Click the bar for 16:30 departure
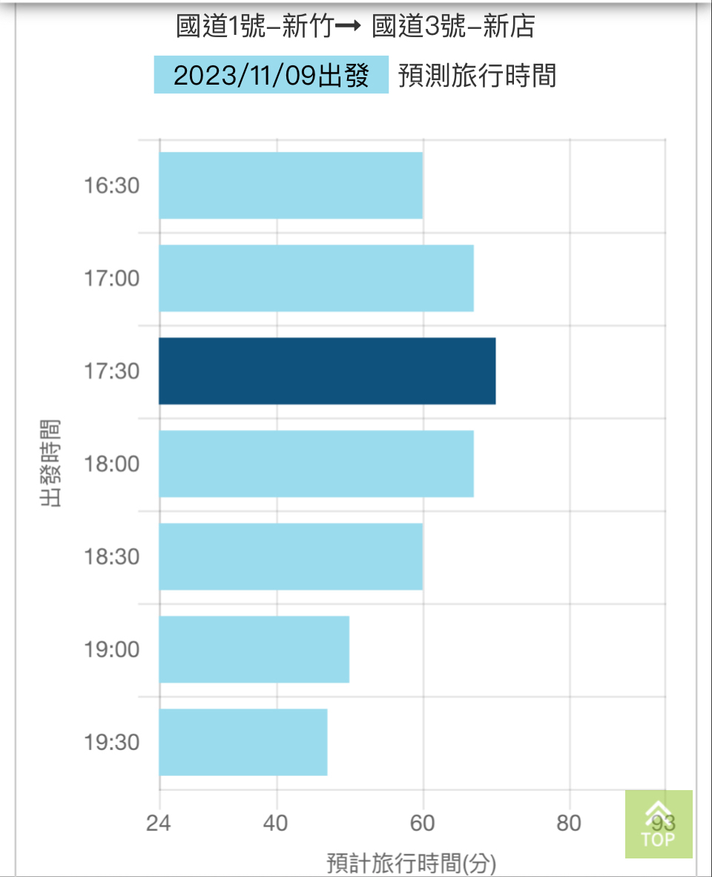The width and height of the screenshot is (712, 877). [291, 186]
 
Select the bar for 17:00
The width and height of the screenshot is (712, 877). [316, 278]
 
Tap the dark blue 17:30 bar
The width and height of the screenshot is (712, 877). [327, 371]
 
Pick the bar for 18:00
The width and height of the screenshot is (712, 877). [316, 464]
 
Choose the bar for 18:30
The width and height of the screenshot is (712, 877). [291, 557]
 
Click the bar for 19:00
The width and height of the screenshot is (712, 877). [254, 650]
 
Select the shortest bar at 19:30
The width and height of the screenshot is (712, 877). [243, 743]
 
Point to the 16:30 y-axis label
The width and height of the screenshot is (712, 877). [111, 186]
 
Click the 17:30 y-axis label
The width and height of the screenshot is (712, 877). [111, 371]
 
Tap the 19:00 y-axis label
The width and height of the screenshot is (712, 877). [111, 650]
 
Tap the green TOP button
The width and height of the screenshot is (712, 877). [659, 824]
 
